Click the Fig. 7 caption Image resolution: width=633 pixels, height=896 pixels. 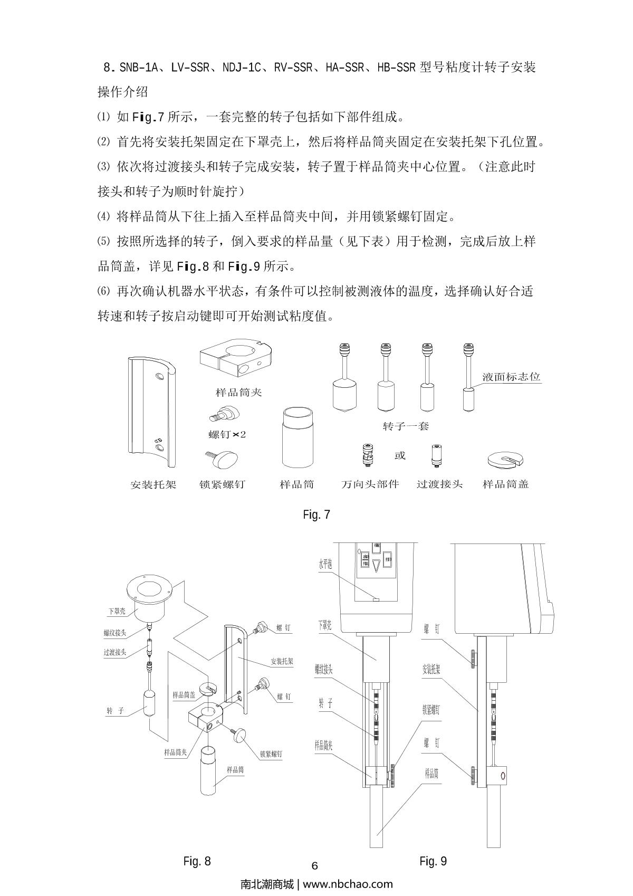(x=316, y=514)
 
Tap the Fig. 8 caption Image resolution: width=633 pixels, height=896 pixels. (x=197, y=861)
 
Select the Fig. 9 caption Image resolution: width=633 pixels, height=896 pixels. (x=433, y=861)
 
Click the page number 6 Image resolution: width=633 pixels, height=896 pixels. (x=315, y=866)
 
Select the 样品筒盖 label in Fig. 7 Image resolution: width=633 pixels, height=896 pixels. (x=505, y=484)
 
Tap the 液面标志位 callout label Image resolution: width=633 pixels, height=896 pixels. (x=511, y=377)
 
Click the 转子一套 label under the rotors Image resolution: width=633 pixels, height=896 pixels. (x=406, y=426)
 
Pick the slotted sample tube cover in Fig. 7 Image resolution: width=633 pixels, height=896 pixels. (x=505, y=459)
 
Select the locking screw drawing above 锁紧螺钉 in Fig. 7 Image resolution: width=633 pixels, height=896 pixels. (x=222, y=458)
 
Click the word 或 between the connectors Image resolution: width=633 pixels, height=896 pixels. (x=400, y=455)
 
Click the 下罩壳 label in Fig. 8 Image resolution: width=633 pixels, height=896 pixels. (x=117, y=612)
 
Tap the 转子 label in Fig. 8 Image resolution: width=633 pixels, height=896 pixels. (x=115, y=711)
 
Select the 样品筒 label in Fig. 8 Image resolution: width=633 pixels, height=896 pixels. (x=235, y=770)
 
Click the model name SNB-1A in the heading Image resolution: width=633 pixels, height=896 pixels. (x=137, y=68)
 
